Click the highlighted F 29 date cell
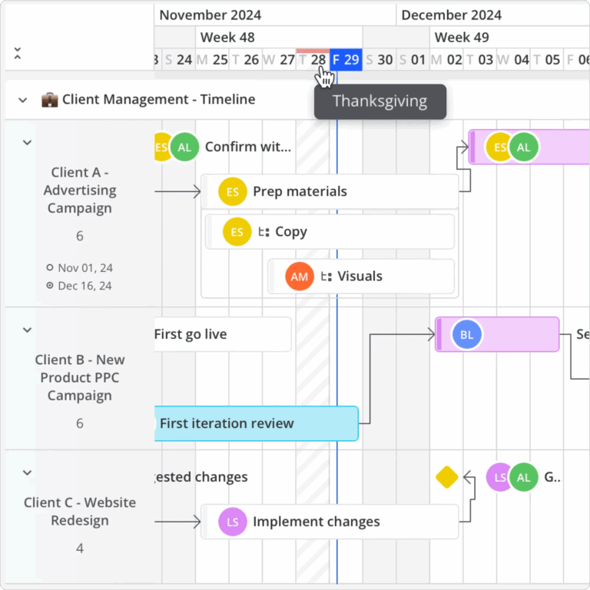pyautogui.click(x=346, y=60)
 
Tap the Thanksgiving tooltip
pyautogui.click(x=380, y=101)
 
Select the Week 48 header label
pyautogui.click(x=227, y=37)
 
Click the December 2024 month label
pyautogui.click(x=451, y=15)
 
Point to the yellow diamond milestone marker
pyautogui.click(x=447, y=477)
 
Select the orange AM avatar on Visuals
pyautogui.click(x=300, y=277)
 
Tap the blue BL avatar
pyautogui.click(x=467, y=334)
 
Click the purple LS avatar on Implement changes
pyautogui.click(x=233, y=522)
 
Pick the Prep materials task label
pyautogui.click(x=300, y=191)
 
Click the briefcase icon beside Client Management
pyautogui.click(x=49, y=99)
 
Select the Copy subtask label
pyautogui.click(x=290, y=232)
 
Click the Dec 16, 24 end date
pyautogui.click(x=85, y=286)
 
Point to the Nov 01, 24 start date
pyautogui.click(x=85, y=268)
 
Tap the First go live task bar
pyautogui.click(x=222, y=334)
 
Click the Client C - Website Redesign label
pyautogui.click(x=80, y=512)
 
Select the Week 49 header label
pyautogui.click(x=462, y=37)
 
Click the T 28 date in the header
pyautogui.click(x=313, y=60)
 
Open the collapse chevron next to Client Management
pyautogui.click(x=23, y=100)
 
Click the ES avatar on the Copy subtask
pyautogui.click(x=237, y=232)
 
